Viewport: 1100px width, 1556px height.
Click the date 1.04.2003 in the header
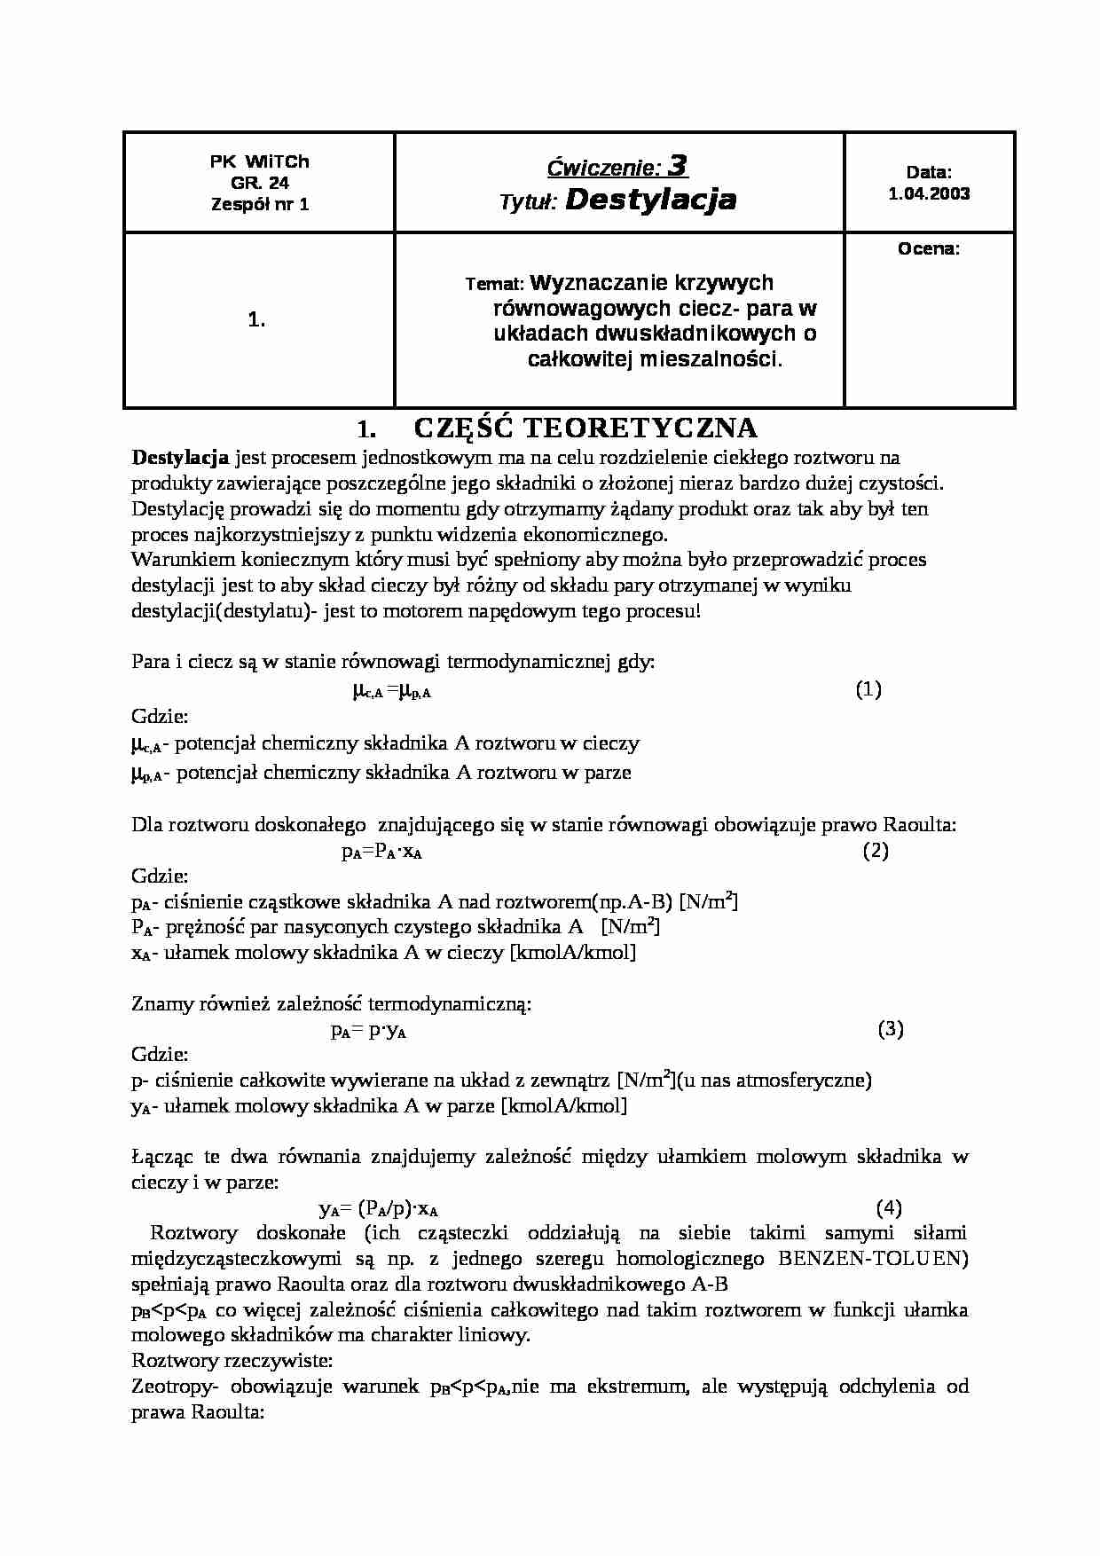[929, 193]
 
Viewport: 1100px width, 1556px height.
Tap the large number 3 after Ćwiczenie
[678, 165]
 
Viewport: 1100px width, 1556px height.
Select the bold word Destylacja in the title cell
[650, 200]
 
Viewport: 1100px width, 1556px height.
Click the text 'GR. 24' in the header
[260, 183]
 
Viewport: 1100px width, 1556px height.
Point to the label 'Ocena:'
[929, 249]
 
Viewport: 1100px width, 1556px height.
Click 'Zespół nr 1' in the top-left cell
[260, 204]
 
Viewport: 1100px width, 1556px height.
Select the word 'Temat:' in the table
[494, 284]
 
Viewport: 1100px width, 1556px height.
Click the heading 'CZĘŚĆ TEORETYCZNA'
[585, 428]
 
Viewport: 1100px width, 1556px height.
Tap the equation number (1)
[868, 689]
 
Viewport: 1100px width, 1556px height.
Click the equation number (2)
[876, 851]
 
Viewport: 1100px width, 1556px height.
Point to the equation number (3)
[890, 1029]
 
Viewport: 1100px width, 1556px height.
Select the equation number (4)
[889, 1207]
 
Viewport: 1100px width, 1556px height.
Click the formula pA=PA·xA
[381, 853]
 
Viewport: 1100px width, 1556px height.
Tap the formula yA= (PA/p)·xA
[379, 1209]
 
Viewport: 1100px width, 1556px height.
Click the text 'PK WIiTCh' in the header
[260, 162]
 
